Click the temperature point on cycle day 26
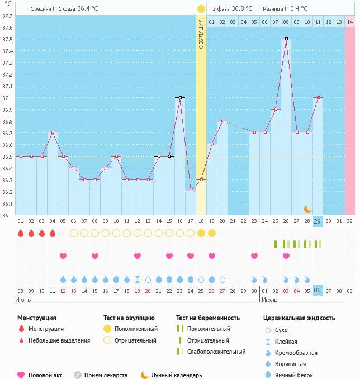click(286, 39)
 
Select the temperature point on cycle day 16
click(180, 98)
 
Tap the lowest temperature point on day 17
click(191, 191)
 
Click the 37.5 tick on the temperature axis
click(7, 39)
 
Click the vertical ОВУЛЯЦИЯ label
click(201, 34)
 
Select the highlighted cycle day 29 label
click(318, 221)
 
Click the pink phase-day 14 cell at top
click(350, 22)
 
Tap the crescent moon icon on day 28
click(307, 209)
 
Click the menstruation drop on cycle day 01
click(21, 233)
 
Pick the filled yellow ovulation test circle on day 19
click(212, 233)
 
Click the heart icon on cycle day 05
click(63, 256)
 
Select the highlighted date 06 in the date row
click(318, 291)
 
